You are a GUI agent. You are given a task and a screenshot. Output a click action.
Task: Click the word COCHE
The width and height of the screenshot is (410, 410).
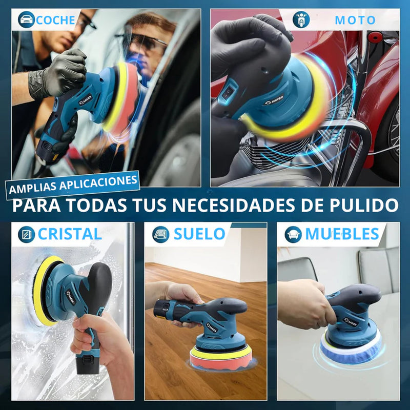[55, 20]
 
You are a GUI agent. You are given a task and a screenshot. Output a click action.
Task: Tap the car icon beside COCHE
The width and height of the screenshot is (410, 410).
[27, 20]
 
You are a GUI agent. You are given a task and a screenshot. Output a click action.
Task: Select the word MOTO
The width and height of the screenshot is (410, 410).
[355, 20]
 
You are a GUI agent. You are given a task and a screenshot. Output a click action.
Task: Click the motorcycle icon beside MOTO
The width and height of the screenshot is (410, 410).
[301, 19]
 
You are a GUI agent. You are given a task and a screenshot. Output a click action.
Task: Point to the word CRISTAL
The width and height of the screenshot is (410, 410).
[70, 234]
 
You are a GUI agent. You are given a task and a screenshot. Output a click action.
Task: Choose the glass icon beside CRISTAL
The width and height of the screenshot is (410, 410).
[27, 234]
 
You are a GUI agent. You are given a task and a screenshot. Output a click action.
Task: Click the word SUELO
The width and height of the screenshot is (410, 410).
[199, 234]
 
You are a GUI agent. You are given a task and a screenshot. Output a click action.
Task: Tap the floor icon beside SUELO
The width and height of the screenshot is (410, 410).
[161, 234]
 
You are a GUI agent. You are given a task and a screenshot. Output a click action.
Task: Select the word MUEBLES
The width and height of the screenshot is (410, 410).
[342, 234]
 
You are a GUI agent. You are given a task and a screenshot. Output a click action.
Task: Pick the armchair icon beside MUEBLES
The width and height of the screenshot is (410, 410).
[293, 234]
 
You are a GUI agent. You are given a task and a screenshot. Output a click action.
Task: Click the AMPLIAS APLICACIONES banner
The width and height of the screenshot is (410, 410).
[73, 184]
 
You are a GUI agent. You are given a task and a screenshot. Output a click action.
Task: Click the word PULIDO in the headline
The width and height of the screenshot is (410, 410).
[364, 205]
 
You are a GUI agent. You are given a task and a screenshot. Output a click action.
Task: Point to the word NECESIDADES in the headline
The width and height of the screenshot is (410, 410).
[233, 205]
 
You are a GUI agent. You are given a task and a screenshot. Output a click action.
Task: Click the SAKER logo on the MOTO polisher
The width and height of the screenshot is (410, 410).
[273, 100]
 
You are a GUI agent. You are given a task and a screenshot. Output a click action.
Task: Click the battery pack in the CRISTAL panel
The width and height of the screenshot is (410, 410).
[88, 363]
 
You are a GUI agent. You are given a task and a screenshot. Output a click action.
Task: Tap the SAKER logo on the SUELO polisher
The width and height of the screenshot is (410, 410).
[212, 327]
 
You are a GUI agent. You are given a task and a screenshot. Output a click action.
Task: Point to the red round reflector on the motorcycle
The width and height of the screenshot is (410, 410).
[375, 37]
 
